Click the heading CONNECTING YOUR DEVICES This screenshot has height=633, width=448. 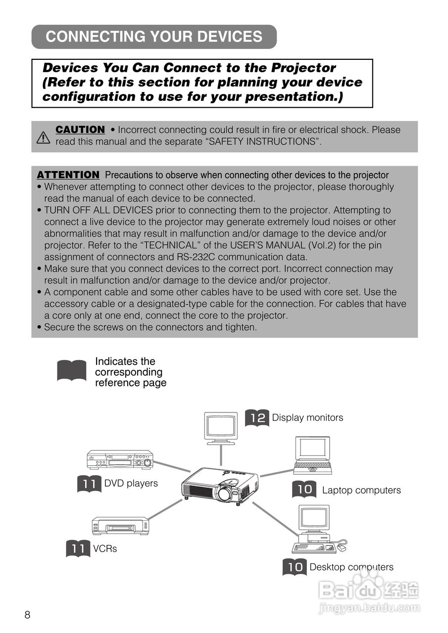(x=153, y=37)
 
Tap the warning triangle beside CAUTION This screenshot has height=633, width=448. (x=44, y=137)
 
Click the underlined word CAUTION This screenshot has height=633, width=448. (x=80, y=130)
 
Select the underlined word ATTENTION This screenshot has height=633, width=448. (x=68, y=175)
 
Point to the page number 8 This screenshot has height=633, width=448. (x=27, y=615)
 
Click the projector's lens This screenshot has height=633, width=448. (x=224, y=493)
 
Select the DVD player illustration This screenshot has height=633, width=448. (x=120, y=459)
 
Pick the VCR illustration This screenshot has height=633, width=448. (x=120, y=525)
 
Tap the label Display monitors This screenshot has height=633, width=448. (x=307, y=418)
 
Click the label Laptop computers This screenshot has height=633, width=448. (x=361, y=490)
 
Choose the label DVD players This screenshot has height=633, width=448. (x=131, y=483)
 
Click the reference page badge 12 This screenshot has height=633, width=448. (x=257, y=418)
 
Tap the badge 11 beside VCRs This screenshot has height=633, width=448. (x=78, y=548)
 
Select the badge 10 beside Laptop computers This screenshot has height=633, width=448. (x=304, y=490)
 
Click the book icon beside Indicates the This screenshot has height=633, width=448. (x=72, y=371)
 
